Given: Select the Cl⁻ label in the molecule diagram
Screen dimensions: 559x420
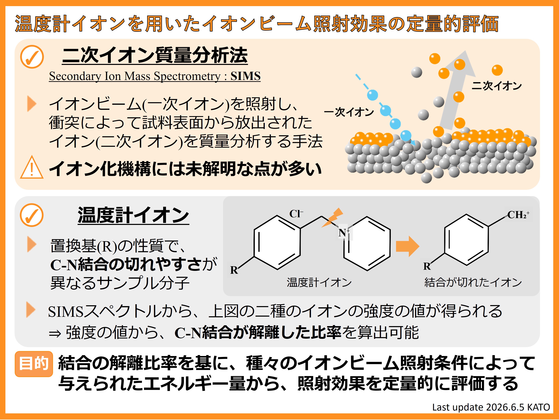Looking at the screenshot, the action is tap(296, 214).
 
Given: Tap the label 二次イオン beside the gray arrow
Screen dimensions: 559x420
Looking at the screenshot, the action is tap(497, 86).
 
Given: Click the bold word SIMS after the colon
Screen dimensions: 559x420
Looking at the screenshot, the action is tap(245, 76).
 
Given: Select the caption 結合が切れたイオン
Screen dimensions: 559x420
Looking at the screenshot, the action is tap(473, 282).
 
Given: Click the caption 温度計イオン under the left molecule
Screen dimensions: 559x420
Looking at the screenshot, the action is tap(319, 282).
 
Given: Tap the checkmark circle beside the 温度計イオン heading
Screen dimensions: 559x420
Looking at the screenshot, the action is tap(32, 215).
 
